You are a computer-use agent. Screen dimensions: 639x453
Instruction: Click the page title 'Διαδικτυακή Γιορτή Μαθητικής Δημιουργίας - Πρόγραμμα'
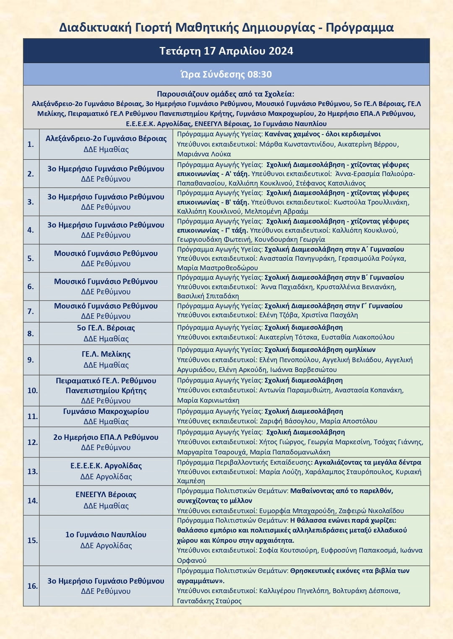coord(226,28)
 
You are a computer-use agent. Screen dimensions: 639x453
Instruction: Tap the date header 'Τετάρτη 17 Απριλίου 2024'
coord(226,51)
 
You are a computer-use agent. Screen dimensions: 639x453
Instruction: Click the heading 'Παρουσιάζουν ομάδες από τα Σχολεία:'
coord(226,94)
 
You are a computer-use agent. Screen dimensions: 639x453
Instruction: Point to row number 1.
coord(31,144)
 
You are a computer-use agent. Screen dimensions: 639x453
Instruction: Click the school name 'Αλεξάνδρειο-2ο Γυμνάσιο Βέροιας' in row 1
coord(106,139)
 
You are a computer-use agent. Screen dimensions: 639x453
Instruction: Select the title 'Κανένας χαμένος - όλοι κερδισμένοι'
coord(323,134)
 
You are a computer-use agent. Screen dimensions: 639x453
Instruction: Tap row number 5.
coord(31,259)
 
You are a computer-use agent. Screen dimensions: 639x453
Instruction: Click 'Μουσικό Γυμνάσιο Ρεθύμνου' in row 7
coord(106,306)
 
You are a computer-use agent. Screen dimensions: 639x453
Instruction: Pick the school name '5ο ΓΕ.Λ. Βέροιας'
coord(106,328)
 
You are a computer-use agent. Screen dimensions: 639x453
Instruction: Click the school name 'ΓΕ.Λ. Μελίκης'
coord(106,354)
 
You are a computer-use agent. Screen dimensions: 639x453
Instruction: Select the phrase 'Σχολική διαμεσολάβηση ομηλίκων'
coord(320,350)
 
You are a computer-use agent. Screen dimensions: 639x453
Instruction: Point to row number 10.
coord(32,391)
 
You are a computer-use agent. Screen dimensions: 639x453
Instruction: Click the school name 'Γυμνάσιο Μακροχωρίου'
coord(106,412)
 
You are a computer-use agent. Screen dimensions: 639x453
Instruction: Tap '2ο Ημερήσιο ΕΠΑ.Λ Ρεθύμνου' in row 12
coord(106,437)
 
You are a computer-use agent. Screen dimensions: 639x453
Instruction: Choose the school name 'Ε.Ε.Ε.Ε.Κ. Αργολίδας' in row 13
coord(106,466)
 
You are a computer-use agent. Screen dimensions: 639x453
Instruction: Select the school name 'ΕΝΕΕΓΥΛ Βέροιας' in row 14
coord(106,495)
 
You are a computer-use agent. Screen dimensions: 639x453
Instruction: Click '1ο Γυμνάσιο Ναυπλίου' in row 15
coord(106,535)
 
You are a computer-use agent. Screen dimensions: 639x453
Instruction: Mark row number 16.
coord(32,586)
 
